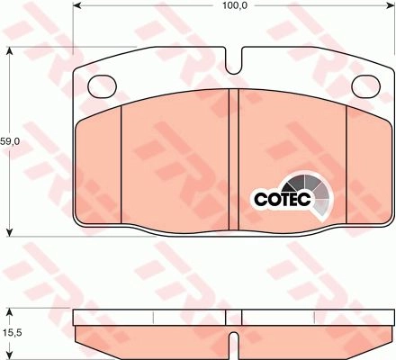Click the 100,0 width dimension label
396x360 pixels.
coord(235,5)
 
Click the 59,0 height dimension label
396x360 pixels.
coord(10,141)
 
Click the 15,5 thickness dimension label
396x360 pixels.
coord(10,332)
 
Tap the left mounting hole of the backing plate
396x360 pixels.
coord(102,86)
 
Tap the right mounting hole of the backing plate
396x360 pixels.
coord(365,86)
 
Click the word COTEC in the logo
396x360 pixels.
coord(283,199)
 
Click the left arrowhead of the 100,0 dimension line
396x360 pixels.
coord(77,5)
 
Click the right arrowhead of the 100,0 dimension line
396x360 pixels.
coord(391,5)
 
